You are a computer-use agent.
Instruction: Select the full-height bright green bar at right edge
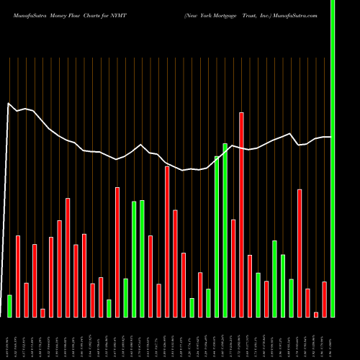tap(333, 158)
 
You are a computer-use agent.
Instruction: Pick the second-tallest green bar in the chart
tap(225, 230)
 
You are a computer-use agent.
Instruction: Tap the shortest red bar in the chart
tap(316, 314)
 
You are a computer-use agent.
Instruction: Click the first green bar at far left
tap(9, 306)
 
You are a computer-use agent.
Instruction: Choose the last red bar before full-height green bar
tap(324, 299)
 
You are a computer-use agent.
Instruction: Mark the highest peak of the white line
tap(9, 104)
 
